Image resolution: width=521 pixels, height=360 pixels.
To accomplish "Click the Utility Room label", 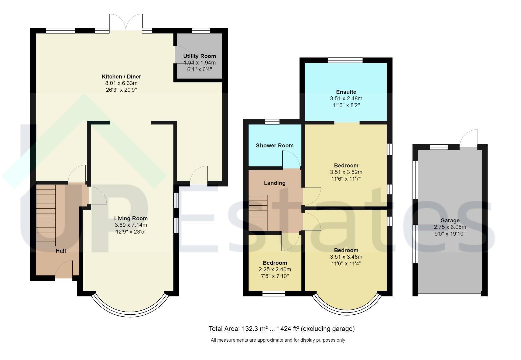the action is point(199,56).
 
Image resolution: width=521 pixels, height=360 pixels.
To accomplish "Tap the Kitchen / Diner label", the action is point(121,76).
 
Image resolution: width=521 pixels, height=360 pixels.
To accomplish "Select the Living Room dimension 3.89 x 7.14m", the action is point(131,225).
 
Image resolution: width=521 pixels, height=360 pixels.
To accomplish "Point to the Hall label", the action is point(61,251).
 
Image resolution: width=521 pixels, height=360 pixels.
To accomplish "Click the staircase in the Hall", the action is point(46,215).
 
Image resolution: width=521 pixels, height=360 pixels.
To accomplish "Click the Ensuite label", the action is point(346,92).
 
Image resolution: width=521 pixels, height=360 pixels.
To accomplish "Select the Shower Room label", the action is point(275,145).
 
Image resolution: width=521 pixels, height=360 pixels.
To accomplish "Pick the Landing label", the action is point(275,183).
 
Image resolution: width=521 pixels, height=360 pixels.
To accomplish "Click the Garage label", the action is point(450,221).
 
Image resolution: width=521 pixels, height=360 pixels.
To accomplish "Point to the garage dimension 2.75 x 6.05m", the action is point(450,227).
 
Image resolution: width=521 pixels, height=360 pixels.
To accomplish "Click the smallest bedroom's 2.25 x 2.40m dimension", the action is point(275,270).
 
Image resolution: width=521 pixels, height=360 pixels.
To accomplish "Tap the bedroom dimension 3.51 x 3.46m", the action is point(346,257).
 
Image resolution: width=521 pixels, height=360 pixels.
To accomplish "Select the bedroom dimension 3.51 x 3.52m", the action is point(346,172).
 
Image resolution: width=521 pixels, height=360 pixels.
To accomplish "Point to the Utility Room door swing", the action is point(182,54).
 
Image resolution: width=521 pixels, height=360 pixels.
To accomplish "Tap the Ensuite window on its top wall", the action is point(345,60).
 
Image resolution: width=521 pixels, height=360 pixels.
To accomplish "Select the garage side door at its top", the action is point(468,139).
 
